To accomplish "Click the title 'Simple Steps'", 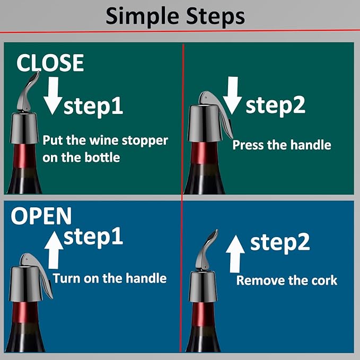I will [175, 16].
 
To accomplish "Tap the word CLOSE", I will [50, 63].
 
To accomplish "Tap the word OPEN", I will [41, 216].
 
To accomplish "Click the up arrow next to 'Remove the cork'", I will [235, 253].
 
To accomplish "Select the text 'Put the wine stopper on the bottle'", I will [105, 149].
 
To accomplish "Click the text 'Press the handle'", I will [282, 145].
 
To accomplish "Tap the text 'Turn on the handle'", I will [110, 278].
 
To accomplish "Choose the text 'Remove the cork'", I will [286, 280].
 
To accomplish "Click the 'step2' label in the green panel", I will [275, 106].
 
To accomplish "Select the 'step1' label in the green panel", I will [93, 106].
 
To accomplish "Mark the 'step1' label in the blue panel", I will [93, 237].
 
